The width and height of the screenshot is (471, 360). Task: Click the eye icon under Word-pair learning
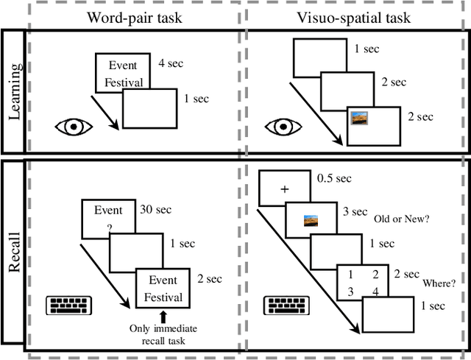click(74, 126)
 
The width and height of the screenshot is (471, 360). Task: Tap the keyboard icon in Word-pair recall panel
click(68, 304)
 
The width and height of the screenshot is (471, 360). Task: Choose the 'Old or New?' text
click(403, 218)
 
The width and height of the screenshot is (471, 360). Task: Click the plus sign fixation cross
click(283, 190)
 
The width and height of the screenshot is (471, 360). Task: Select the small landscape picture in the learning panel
click(360, 117)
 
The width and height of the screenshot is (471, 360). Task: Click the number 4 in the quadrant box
click(376, 292)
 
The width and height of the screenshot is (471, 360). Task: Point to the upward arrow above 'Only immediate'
click(163, 317)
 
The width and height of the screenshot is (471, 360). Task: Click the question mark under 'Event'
click(109, 227)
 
